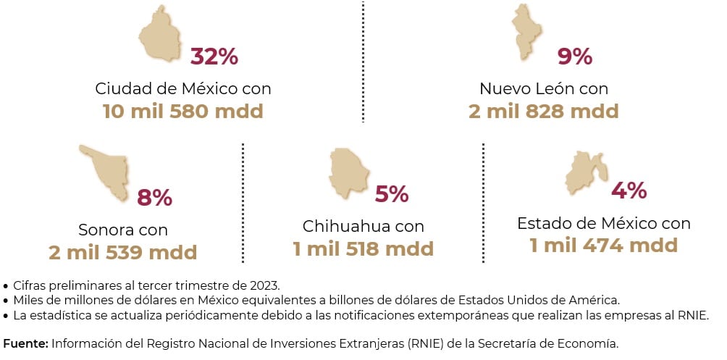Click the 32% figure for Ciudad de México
point(214,56)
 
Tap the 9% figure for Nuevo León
point(576,56)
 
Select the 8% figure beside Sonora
point(154,197)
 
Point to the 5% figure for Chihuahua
point(392,194)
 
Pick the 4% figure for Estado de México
point(629,191)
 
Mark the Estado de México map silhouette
point(584,173)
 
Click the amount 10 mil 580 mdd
point(182,112)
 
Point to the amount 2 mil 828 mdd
point(543,112)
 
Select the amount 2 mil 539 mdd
point(122,253)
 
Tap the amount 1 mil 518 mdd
point(363,249)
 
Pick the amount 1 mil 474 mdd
point(603,246)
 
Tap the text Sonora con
point(123,230)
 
